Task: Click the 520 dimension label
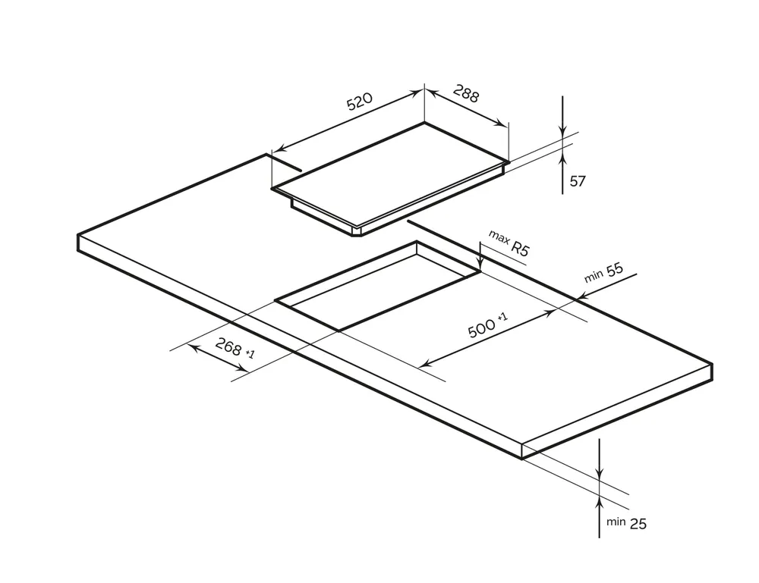360,101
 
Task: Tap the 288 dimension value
466,93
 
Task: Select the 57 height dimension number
578,181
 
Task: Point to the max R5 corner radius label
509,243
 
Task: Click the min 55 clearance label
603,273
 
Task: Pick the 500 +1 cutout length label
488,324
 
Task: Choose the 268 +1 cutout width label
235,348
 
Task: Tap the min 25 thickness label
626,523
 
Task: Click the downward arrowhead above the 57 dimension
562,130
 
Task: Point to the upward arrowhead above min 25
600,503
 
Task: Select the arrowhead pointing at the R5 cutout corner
480,265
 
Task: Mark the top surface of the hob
390,174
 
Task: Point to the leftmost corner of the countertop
78,236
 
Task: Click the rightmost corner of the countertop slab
712,364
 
